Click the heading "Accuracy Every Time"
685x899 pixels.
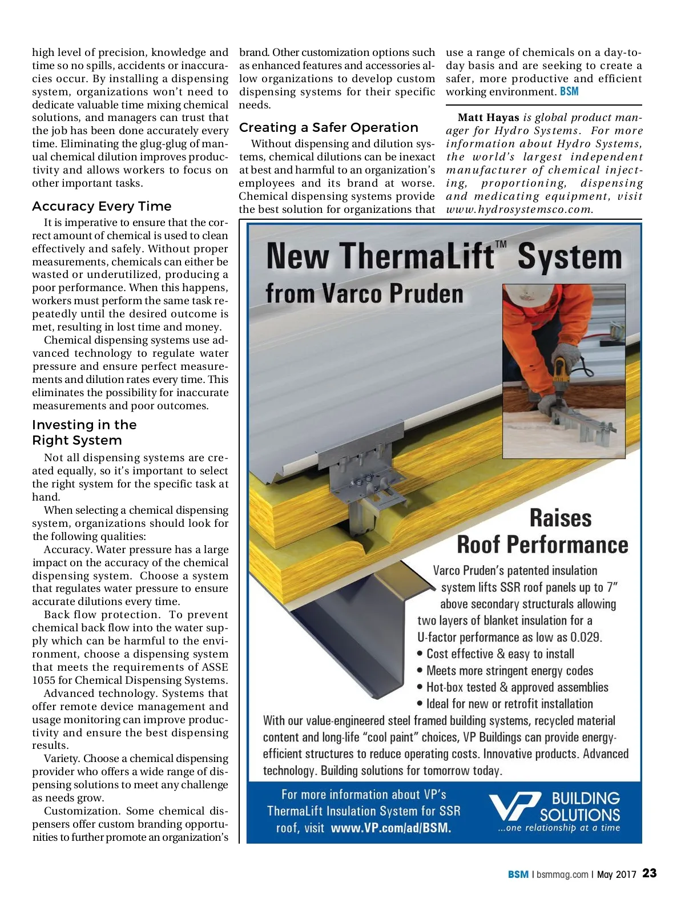coord(102,206)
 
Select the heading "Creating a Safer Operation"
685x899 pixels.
coord(328,127)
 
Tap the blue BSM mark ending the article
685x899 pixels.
coord(569,91)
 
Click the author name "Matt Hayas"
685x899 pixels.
coord(488,118)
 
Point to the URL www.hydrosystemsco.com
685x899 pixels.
coord(519,209)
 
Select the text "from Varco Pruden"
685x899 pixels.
coord(364,293)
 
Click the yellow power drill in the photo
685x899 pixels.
coord(563,368)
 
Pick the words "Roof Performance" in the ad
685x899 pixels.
coord(542,544)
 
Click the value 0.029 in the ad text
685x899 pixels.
coord(586,637)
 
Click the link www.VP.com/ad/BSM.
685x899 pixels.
coord(390,828)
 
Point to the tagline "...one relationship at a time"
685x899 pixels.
coord(559,828)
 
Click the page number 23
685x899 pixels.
coord(650,873)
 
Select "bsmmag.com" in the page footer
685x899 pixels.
coord(562,874)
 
